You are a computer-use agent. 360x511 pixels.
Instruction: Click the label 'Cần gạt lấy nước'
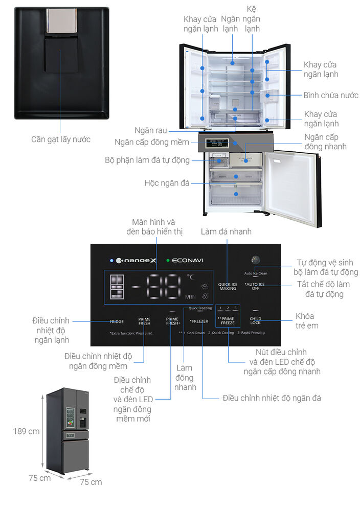click(60, 140)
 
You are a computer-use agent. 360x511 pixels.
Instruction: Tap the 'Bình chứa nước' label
click(331, 96)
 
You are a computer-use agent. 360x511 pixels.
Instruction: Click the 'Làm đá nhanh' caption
click(226, 231)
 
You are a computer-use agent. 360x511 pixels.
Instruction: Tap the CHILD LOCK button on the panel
click(255, 320)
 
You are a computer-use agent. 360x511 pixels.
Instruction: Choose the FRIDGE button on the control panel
click(117, 321)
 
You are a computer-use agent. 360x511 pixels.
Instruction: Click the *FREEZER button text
click(199, 321)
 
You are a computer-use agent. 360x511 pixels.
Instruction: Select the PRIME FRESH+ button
click(173, 321)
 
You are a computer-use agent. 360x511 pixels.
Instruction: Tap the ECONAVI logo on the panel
click(187, 260)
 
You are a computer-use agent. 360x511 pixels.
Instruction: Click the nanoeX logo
click(136, 260)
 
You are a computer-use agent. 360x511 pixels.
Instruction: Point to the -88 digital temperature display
click(156, 286)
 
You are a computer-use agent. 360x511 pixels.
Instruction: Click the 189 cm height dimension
click(26, 431)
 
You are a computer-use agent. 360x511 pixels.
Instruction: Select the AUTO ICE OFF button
click(255, 286)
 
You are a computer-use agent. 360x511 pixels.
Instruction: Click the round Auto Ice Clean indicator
click(255, 260)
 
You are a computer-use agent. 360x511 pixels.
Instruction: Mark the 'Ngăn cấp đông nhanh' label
click(325, 142)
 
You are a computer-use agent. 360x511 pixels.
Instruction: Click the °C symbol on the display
click(190, 277)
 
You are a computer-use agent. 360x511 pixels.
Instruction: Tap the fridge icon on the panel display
click(117, 287)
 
